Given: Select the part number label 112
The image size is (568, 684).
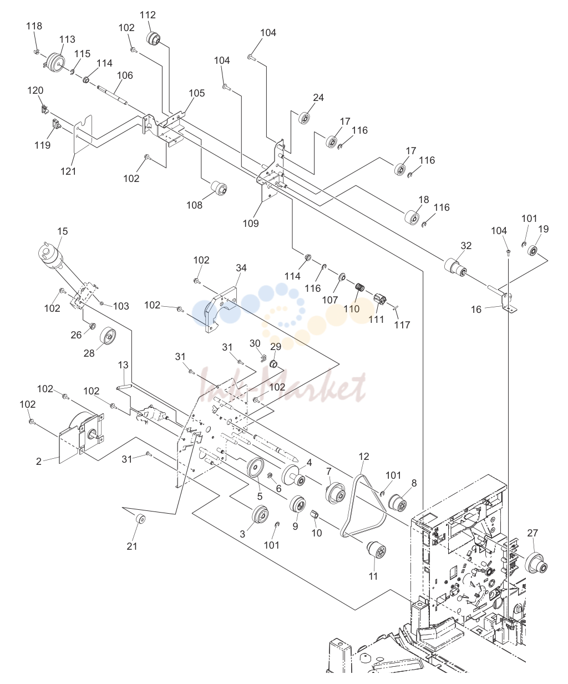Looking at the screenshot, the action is (x=148, y=15).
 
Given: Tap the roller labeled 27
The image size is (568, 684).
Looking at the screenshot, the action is (x=536, y=571).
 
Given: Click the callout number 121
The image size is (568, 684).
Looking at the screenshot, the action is (x=68, y=171).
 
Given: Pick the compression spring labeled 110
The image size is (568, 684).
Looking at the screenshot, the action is (x=360, y=287).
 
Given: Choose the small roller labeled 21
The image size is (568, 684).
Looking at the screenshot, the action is (x=141, y=520).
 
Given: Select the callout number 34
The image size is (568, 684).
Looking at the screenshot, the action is (x=241, y=267).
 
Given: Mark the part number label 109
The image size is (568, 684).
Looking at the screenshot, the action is (x=251, y=224).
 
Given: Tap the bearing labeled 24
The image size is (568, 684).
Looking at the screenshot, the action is (x=305, y=118).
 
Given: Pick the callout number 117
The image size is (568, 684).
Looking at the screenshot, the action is (x=402, y=325).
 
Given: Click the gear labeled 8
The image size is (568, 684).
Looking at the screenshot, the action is (x=397, y=503).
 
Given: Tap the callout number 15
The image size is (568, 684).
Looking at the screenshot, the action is (x=62, y=231).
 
